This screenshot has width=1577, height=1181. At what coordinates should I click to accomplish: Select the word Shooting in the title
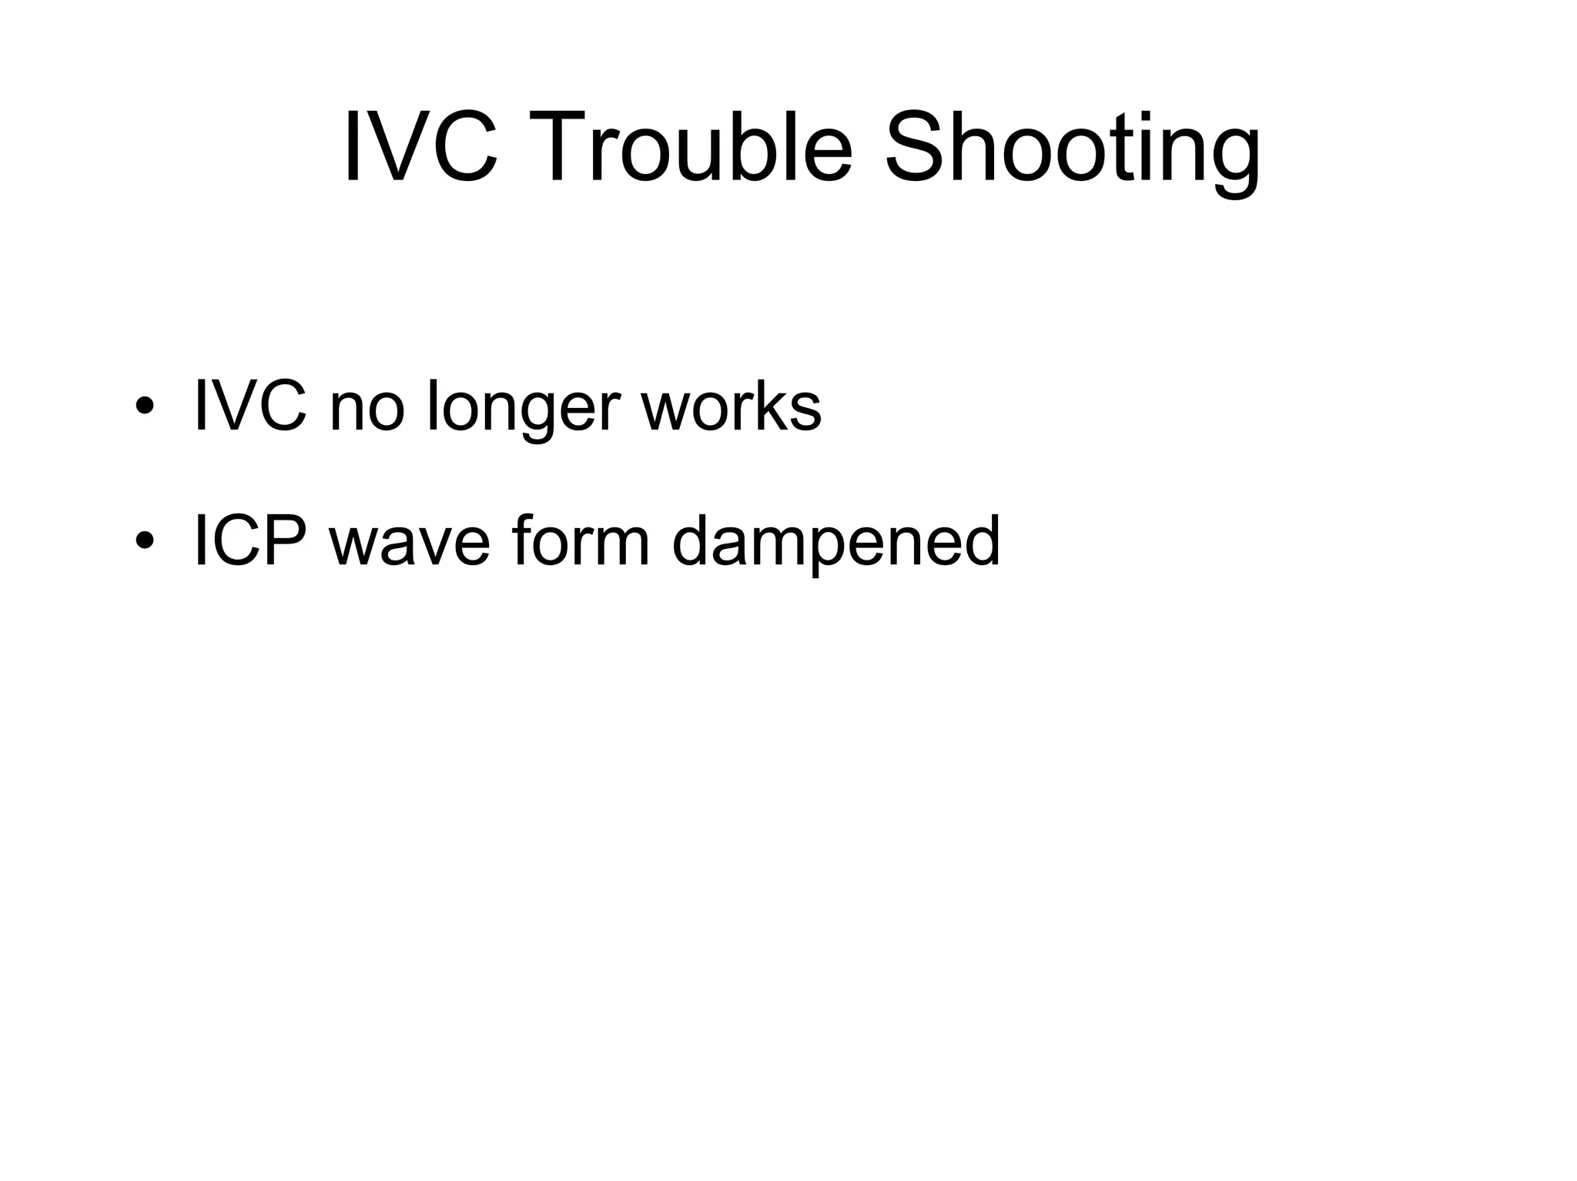(1073, 150)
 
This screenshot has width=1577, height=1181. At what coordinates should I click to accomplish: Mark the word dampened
(835, 541)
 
